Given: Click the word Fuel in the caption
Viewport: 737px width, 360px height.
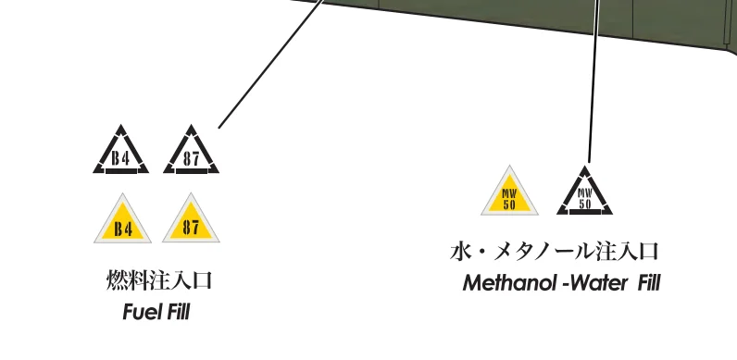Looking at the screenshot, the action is coord(139,312).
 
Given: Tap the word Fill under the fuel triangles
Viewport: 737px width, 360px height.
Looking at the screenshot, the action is coord(176,312).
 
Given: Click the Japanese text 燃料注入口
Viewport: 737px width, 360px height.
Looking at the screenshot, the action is coord(159,280).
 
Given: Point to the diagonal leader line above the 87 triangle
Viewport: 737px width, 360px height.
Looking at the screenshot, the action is coord(271,64).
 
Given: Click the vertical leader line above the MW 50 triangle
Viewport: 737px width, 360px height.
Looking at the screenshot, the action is coord(593,81).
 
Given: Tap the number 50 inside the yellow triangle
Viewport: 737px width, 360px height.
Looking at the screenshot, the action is coord(509,205).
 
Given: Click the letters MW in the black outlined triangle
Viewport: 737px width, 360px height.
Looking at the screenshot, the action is coord(585,193).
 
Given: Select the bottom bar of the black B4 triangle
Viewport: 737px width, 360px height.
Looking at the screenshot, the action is coord(121,171).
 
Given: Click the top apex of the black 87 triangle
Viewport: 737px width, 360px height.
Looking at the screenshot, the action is coord(191,125).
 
